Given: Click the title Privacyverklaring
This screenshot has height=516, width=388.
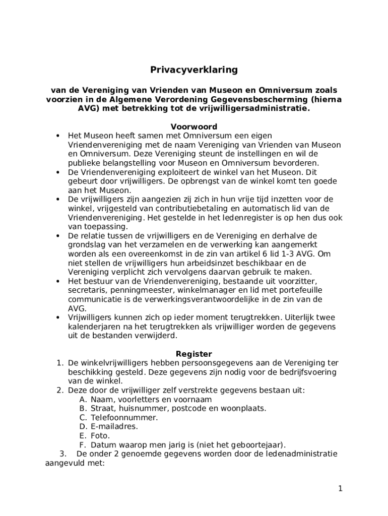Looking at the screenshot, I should (x=194, y=70).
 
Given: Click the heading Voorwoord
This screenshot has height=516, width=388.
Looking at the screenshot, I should (x=194, y=126).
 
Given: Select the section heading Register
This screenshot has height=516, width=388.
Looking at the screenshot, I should (x=194, y=354).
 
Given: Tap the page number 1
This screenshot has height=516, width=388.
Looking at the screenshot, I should (x=341, y=488).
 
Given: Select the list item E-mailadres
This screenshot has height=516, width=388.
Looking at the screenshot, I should (x=114, y=426).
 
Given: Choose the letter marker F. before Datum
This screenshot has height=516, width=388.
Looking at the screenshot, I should (x=83, y=444).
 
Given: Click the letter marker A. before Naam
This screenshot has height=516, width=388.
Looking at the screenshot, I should (x=83, y=399).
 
